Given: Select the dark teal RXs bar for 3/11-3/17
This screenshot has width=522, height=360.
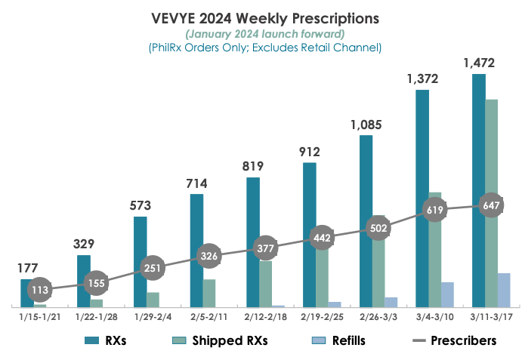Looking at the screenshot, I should click(478, 189).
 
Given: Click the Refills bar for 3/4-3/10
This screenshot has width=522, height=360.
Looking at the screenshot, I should click(447, 294).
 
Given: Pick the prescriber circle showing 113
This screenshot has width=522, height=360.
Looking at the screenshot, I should click(39, 289).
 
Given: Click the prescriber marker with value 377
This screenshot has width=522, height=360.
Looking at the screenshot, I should click(265, 247).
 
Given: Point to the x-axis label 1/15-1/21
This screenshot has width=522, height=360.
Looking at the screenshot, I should click(39, 317).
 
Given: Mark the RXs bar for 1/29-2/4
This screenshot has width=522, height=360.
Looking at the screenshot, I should click(140, 261).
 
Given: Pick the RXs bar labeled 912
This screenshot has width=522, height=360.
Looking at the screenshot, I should click(309, 234).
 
